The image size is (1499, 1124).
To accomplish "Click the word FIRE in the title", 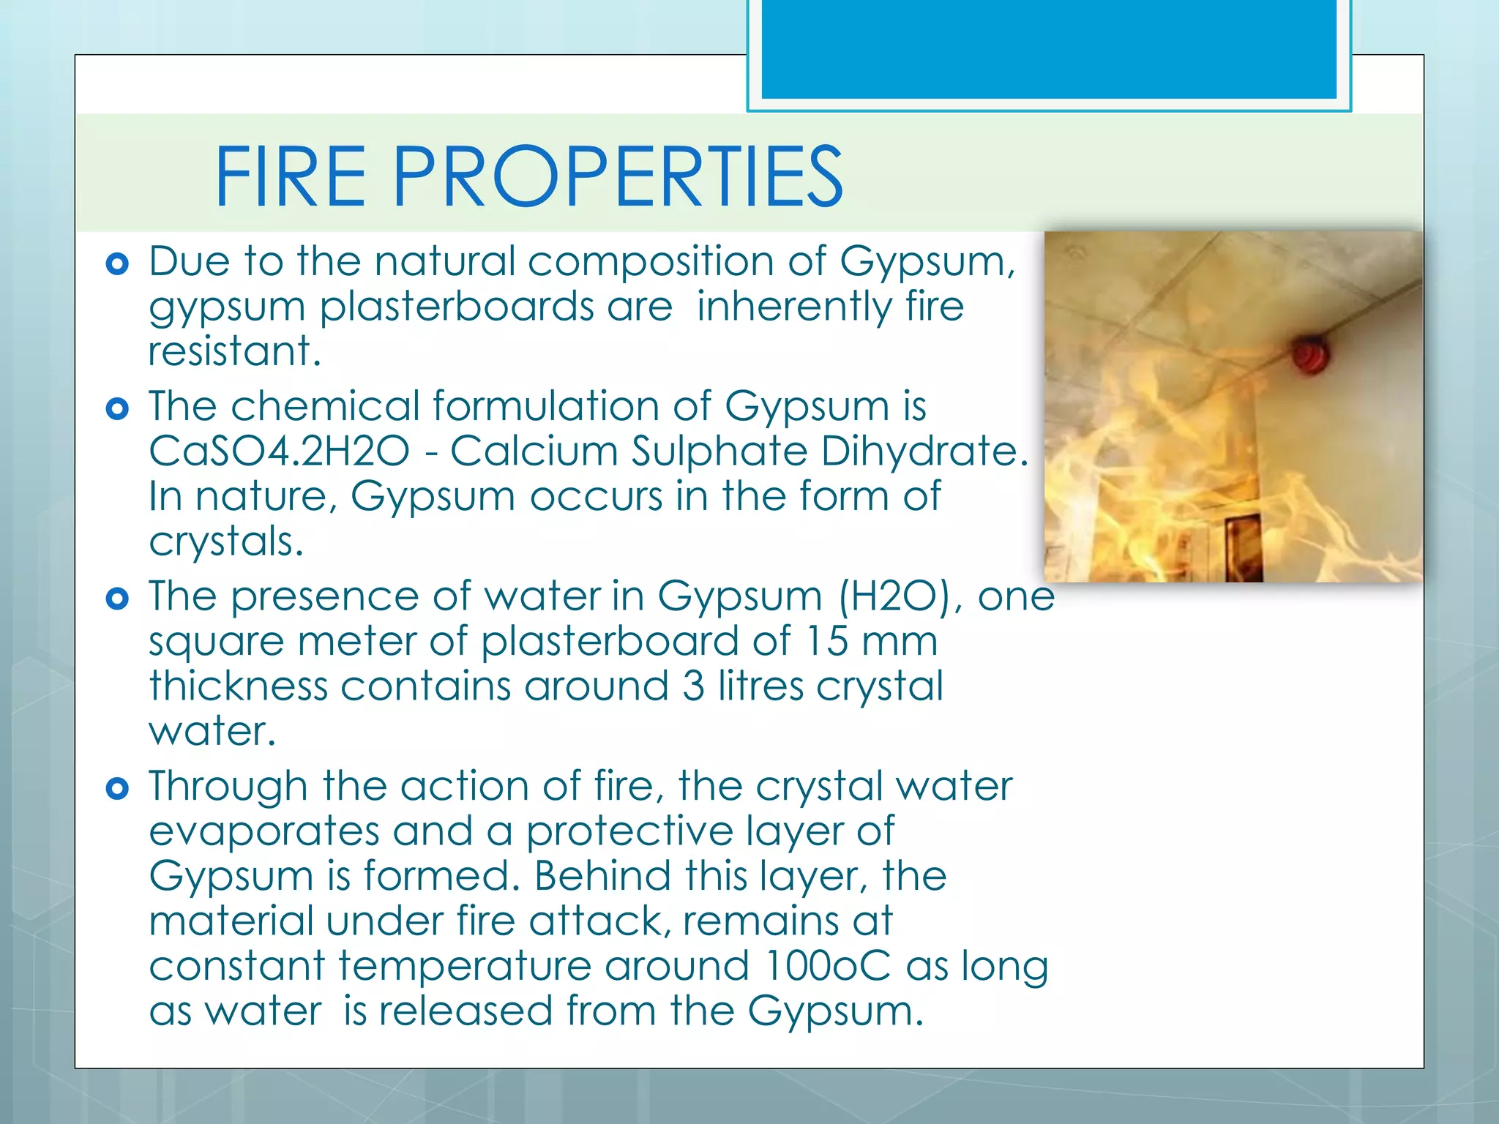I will coord(290,176).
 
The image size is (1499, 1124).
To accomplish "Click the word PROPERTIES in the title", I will coord(618,176).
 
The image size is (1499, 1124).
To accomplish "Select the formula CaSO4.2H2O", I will coord(279,451).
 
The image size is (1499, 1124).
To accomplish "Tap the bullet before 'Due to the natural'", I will coord(117,263).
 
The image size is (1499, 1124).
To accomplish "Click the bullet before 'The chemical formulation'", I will coord(117,408).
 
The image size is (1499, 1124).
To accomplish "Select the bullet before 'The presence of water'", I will coord(117,599).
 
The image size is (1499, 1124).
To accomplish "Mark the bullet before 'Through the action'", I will coord(117,789).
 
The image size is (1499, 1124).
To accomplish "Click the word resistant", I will coord(234,351).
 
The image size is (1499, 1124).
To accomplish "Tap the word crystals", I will coord(225,542).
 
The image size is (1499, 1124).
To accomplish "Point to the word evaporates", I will coord(263,832).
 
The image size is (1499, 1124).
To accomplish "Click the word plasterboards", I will coord(457,307).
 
